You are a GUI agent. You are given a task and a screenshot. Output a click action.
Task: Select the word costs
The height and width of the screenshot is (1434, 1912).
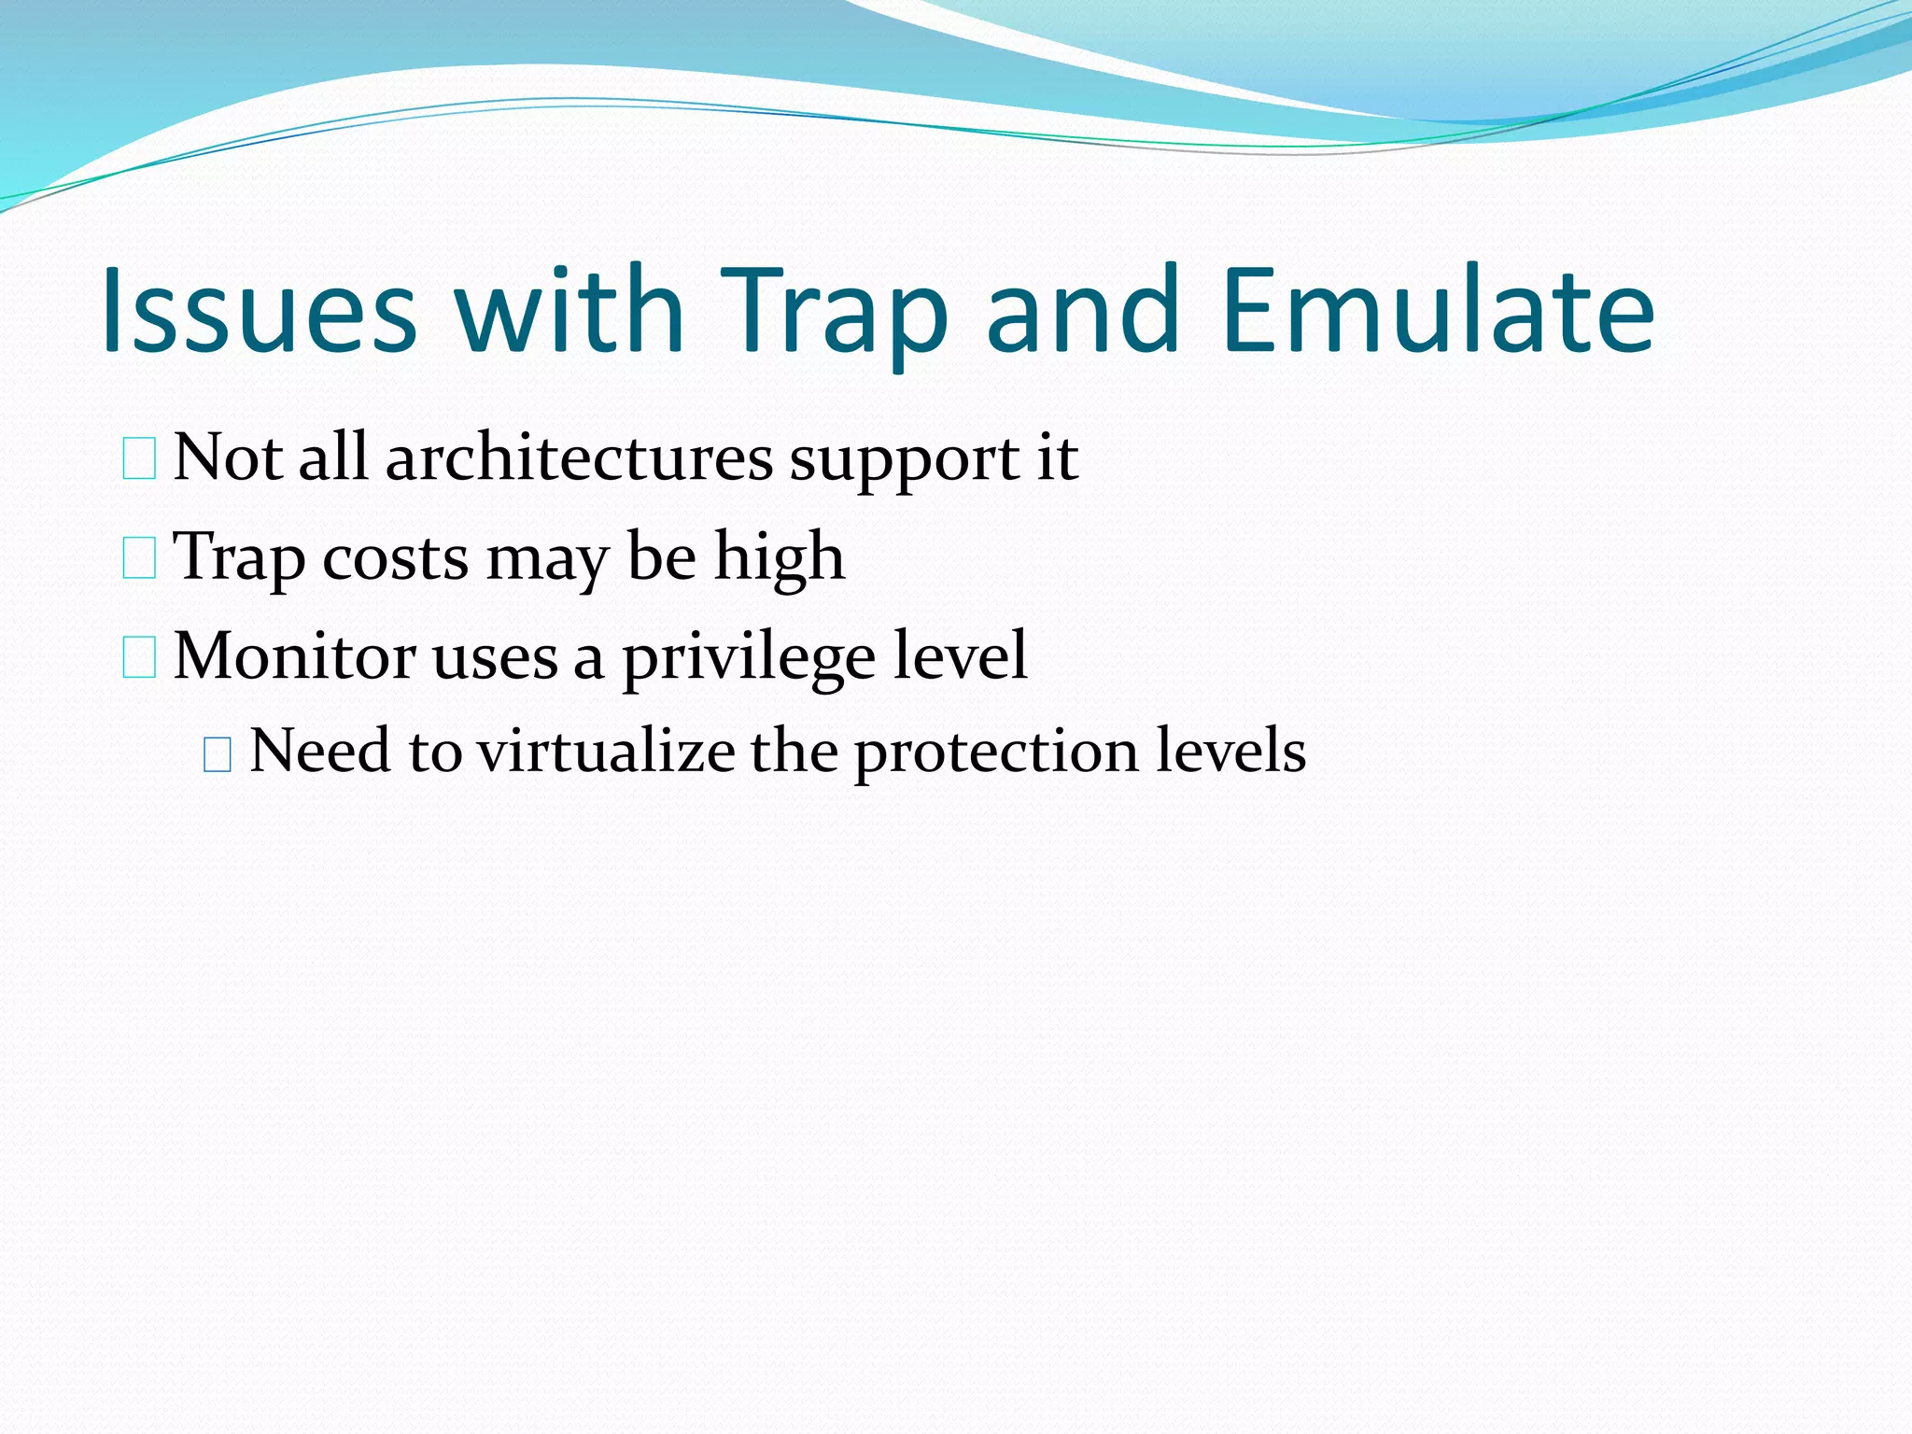click(396, 558)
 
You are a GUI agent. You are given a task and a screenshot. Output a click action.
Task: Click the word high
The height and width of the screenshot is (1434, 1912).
click(780, 558)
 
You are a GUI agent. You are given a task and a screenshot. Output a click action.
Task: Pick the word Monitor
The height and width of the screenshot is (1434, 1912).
click(294, 656)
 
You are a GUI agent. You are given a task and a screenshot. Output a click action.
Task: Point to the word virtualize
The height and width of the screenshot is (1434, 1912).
click(605, 752)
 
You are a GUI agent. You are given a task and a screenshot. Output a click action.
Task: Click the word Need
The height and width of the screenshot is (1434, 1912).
click(320, 752)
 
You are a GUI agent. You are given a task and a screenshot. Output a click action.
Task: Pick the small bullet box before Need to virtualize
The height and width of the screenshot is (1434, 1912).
click(217, 755)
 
